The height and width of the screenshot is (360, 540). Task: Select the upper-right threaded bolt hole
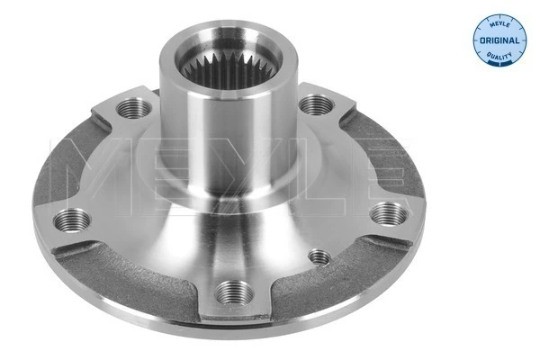(312, 105)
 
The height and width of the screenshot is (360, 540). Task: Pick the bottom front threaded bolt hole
(232, 292)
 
